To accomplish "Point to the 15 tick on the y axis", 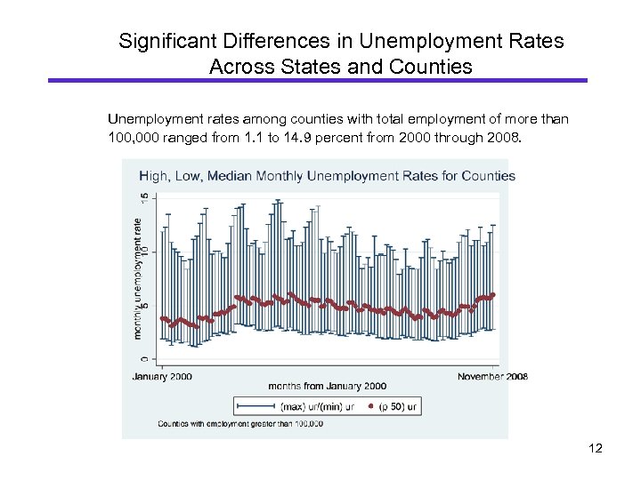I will [x=142, y=200].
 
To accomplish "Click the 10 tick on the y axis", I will [x=142, y=252].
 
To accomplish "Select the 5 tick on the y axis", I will [x=142, y=306].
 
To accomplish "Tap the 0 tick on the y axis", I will [x=142, y=358].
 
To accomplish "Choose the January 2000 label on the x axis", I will [x=162, y=376].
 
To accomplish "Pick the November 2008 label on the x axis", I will [x=492, y=376].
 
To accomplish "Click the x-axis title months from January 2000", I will [x=327, y=386].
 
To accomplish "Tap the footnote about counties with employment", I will [x=240, y=424].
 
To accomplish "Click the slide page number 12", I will [x=596, y=448].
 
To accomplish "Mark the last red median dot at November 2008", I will [x=493, y=295].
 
